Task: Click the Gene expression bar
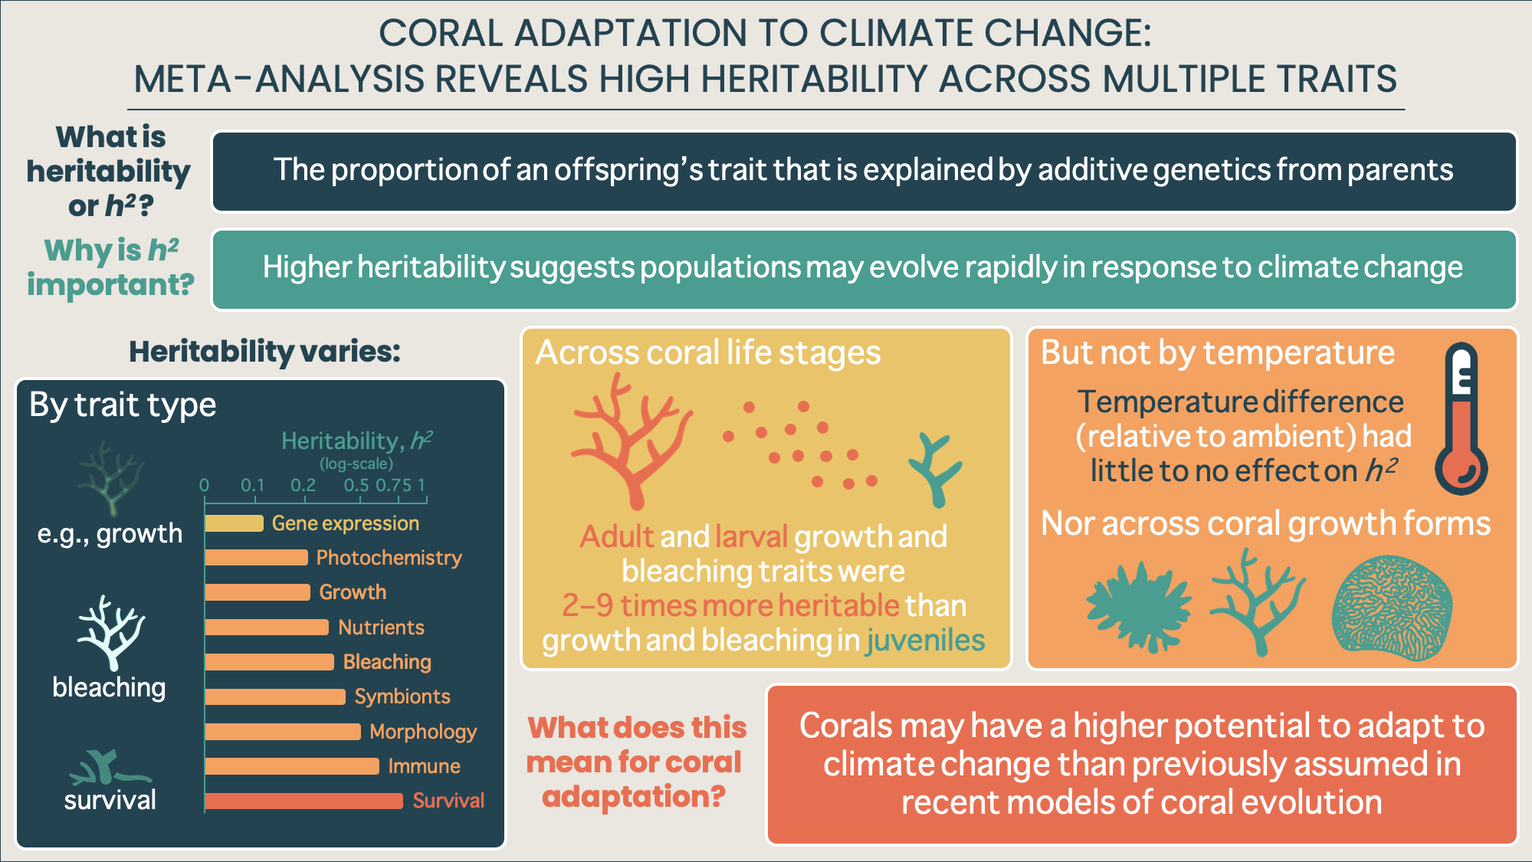[235, 523]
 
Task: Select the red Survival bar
[303, 801]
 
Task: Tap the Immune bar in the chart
[292, 766]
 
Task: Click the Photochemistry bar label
[389, 558]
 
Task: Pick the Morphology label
[423, 732]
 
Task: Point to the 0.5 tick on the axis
[356, 486]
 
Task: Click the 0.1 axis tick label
[252, 486]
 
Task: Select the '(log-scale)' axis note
[356, 464]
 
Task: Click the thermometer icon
[1461, 418]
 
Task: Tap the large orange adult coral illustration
[631, 441]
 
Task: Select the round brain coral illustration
[1393, 608]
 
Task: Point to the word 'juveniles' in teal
[925, 641]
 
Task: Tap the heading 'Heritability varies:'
[264, 352]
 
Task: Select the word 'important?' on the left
[111, 284]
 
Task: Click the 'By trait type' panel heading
[123, 405]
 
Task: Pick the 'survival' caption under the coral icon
[110, 800]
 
